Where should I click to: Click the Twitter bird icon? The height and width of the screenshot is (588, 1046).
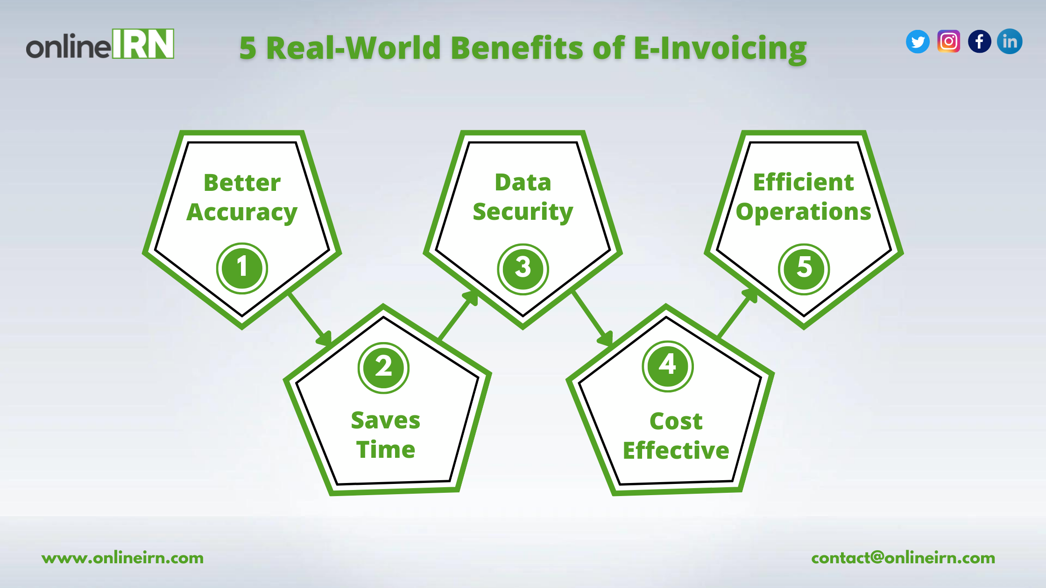click(918, 42)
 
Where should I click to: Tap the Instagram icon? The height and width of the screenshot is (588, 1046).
click(948, 42)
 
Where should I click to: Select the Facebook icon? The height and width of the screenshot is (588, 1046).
click(979, 42)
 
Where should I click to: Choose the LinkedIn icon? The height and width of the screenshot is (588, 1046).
click(1010, 42)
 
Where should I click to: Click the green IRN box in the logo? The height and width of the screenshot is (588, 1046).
click(143, 44)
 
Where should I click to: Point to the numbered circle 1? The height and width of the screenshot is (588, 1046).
click(242, 268)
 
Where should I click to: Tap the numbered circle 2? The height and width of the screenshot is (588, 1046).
click(383, 368)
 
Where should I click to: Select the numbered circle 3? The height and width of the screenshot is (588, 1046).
click(523, 269)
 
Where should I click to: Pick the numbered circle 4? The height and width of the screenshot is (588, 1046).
click(668, 366)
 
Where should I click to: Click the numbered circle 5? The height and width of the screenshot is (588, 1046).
click(804, 269)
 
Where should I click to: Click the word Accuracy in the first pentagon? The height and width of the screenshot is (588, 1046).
click(242, 213)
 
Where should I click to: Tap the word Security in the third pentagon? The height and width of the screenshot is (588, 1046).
click(523, 212)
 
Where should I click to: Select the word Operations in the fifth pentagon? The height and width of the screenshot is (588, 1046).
click(804, 212)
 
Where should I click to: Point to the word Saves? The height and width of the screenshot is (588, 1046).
click(386, 420)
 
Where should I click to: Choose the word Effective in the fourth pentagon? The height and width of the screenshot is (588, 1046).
click(676, 450)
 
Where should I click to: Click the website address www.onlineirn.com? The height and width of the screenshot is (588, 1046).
click(122, 558)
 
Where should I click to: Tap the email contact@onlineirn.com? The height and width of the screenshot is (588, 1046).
click(903, 558)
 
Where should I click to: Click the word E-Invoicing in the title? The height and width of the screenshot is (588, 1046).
click(720, 49)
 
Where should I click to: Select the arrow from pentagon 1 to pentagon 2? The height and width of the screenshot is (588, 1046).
click(310, 320)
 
